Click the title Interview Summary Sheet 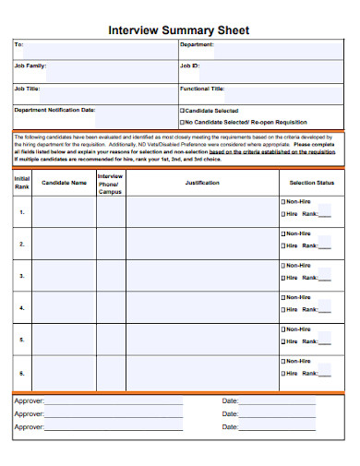pyautogui.click(x=179, y=30)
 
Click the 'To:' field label pyautogui.click(x=19, y=44)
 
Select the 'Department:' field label pyautogui.click(x=197, y=44)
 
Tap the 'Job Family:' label pyautogui.click(x=30, y=66)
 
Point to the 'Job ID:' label pyautogui.click(x=189, y=66)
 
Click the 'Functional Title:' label pyautogui.click(x=202, y=89)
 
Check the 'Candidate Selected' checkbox pyautogui.click(x=182, y=111)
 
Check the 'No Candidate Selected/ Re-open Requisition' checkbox pyautogui.click(x=182, y=121)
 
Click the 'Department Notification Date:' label pyautogui.click(x=54, y=111)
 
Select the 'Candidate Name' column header pyautogui.click(x=64, y=183)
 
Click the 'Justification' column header pyautogui.click(x=201, y=183)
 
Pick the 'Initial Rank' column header pyautogui.click(x=22, y=182)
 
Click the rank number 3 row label pyautogui.click(x=22, y=276)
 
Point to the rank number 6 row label pyautogui.click(x=22, y=373)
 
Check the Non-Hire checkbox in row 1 pyautogui.click(x=282, y=201)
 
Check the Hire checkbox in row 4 pyautogui.click(x=282, y=311)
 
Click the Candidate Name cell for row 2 pyautogui.click(x=64, y=244)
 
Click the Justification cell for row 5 pyautogui.click(x=201, y=341)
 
